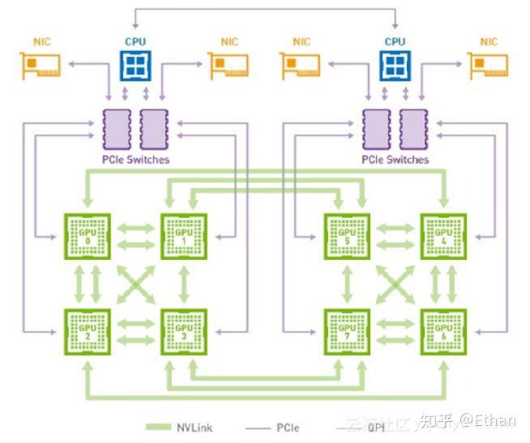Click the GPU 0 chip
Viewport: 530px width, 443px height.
click(88, 236)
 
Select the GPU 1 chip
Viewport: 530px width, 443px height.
click(184, 236)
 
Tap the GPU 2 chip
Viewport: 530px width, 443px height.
click(88, 331)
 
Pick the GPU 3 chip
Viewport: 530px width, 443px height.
click(184, 331)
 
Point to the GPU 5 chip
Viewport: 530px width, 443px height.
click(347, 236)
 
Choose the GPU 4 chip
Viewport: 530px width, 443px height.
click(443, 236)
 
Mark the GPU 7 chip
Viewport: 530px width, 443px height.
click(347, 331)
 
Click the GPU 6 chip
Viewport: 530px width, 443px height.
click(443, 331)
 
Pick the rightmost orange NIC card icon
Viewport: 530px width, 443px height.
click(489, 65)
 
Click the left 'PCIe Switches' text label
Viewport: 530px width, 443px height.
click(135, 160)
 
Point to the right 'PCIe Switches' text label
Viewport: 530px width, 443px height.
click(395, 160)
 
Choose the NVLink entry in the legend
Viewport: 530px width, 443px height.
click(182, 426)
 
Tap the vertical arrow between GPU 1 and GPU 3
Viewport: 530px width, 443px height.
click(184, 283)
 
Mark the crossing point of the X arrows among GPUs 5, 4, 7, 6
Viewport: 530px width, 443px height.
click(395, 283)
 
